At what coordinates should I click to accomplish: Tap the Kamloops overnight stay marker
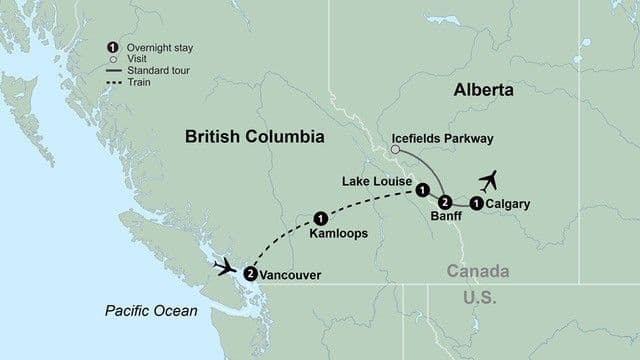tap(320, 216)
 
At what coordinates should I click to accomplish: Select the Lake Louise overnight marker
tap(423, 190)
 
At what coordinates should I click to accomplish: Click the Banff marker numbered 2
tap(447, 200)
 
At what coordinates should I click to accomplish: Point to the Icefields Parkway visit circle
tap(395, 150)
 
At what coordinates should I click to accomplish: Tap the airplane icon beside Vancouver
tap(225, 267)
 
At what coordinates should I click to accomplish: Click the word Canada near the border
tap(475, 272)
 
